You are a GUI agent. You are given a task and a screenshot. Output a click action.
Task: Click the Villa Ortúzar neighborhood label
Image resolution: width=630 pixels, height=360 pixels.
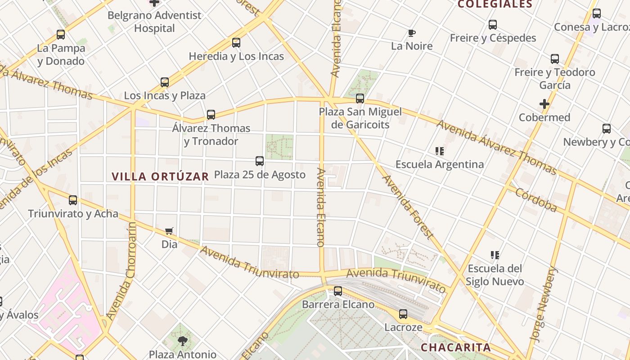click(160, 176)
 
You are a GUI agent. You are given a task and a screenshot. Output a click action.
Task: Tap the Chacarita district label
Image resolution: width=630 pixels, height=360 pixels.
click(455, 347)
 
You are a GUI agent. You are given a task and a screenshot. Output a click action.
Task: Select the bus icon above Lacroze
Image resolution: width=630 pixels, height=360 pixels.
click(403, 314)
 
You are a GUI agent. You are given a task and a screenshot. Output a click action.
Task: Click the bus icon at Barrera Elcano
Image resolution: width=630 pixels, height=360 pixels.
click(338, 291)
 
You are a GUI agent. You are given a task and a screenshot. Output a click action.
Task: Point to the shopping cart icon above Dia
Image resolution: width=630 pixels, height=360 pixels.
click(169, 231)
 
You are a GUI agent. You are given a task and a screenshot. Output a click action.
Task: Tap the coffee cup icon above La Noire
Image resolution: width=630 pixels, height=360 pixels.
click(411, 33)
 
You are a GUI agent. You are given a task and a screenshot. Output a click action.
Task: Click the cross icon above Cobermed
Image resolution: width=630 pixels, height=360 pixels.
click(544, 104)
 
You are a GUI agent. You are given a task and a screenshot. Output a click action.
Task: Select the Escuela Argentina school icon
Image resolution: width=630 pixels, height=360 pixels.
click(440, 151)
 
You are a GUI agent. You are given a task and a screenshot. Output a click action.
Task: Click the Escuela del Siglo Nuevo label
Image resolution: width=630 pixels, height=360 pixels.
click(495, 275)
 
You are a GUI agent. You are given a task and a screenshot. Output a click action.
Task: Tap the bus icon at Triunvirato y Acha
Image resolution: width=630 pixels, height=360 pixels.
click(73, 200)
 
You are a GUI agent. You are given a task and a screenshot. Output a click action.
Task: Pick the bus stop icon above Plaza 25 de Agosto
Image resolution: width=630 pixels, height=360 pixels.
click(260, 161)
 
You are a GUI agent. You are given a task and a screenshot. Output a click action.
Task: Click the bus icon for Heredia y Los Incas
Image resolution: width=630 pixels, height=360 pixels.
click(236, 43)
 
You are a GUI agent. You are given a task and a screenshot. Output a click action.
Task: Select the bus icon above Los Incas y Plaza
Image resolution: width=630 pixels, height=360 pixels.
click(165, 82)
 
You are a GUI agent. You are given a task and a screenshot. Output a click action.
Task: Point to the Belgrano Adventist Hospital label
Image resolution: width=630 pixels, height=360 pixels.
click(154, 22)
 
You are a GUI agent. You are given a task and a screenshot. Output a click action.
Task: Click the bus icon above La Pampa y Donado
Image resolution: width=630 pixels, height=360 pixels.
click(61, 35)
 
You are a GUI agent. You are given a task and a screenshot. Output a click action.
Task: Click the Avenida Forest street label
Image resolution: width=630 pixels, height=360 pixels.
click(408, 207)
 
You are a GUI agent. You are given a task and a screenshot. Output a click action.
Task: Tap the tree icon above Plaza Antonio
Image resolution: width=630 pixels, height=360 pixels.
click(182, 341)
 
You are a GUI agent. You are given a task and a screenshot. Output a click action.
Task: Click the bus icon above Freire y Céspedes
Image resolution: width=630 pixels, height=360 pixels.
click(493, 25)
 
